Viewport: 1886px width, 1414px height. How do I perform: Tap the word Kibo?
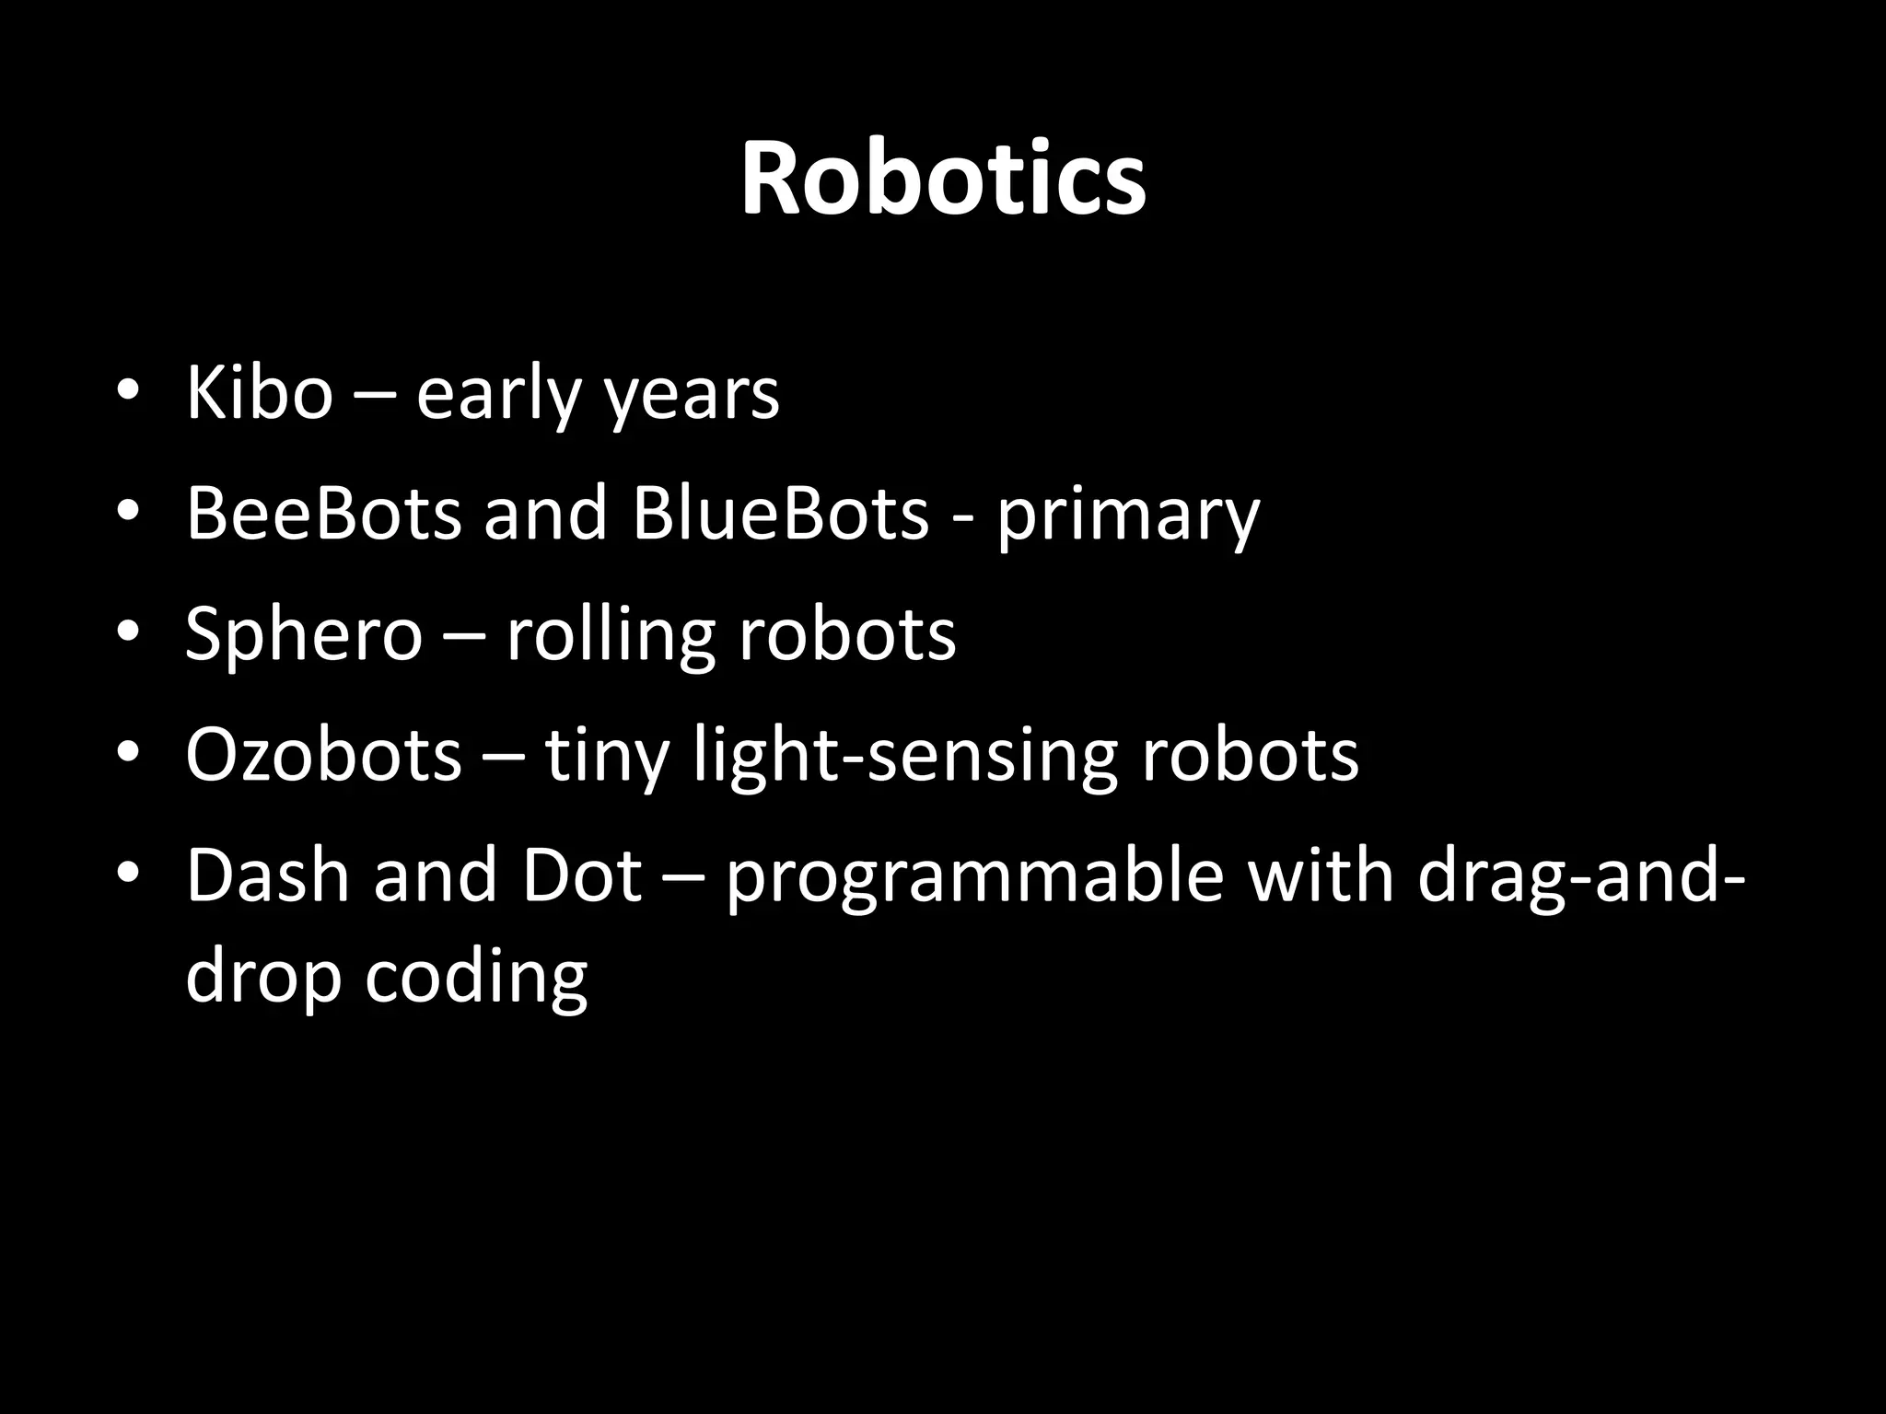point(259,393)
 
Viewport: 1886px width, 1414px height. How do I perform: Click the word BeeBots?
point(323,513)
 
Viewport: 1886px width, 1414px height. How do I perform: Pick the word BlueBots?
point(780,513)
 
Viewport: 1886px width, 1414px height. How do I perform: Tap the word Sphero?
point(304,635)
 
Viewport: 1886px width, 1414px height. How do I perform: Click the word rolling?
point(611,635)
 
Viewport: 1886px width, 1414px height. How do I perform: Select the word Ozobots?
point(323,755)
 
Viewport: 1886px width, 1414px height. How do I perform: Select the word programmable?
point(974,877)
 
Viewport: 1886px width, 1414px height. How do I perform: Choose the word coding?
point(476,978)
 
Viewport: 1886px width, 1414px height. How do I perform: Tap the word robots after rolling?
point(847,635)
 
